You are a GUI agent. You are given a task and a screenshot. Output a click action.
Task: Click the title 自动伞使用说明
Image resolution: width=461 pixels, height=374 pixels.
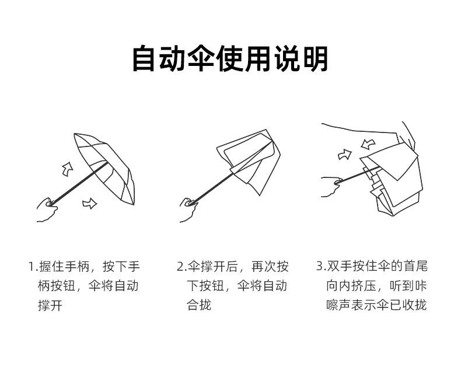pyautogui.click(x=230, y=60)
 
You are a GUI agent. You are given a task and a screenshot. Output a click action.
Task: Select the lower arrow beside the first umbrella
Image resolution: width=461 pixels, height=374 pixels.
pyautogui.click(x=89, y=203)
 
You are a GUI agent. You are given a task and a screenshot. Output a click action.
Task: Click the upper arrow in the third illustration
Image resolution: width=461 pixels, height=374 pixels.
pyautogui.click(x=368, y=144)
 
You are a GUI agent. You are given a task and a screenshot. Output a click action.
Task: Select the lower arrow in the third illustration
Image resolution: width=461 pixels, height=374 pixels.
pyautogui.click(x=344, y=155)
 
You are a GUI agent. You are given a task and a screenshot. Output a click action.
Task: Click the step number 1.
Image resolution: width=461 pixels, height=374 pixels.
pyautogui.click(x=32, y=267)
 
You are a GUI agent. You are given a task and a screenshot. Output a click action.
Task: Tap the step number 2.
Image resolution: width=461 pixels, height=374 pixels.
pyautogui.click(x=180, y=267)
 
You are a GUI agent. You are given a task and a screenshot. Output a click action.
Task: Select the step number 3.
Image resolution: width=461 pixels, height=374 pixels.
pyautogui.click(x=320, y=267)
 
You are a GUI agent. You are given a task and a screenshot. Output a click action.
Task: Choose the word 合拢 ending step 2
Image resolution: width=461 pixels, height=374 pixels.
pyautogui.click(x=199, y=305)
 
